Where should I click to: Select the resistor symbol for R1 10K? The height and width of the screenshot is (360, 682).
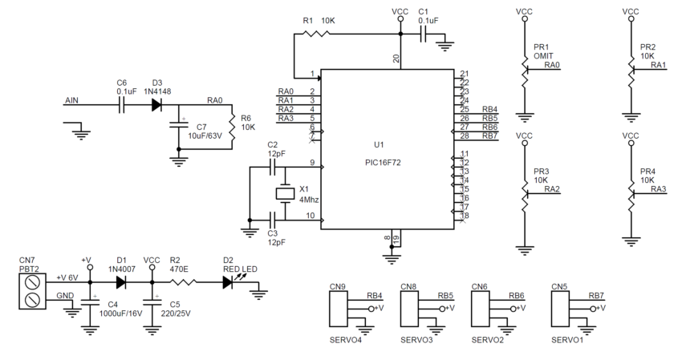pyautogui.click(x=318, y=34)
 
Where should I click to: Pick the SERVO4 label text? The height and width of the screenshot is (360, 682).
pyautogui.click(x=346, y=338)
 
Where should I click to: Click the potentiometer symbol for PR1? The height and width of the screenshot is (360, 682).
pyautogui.click(x=525, y=71)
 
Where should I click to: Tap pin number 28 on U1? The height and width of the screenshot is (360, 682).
pyautogui.click(x=465, y=135)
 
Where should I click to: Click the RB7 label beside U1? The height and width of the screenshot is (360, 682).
pyautogui.click(x=489, y=135)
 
